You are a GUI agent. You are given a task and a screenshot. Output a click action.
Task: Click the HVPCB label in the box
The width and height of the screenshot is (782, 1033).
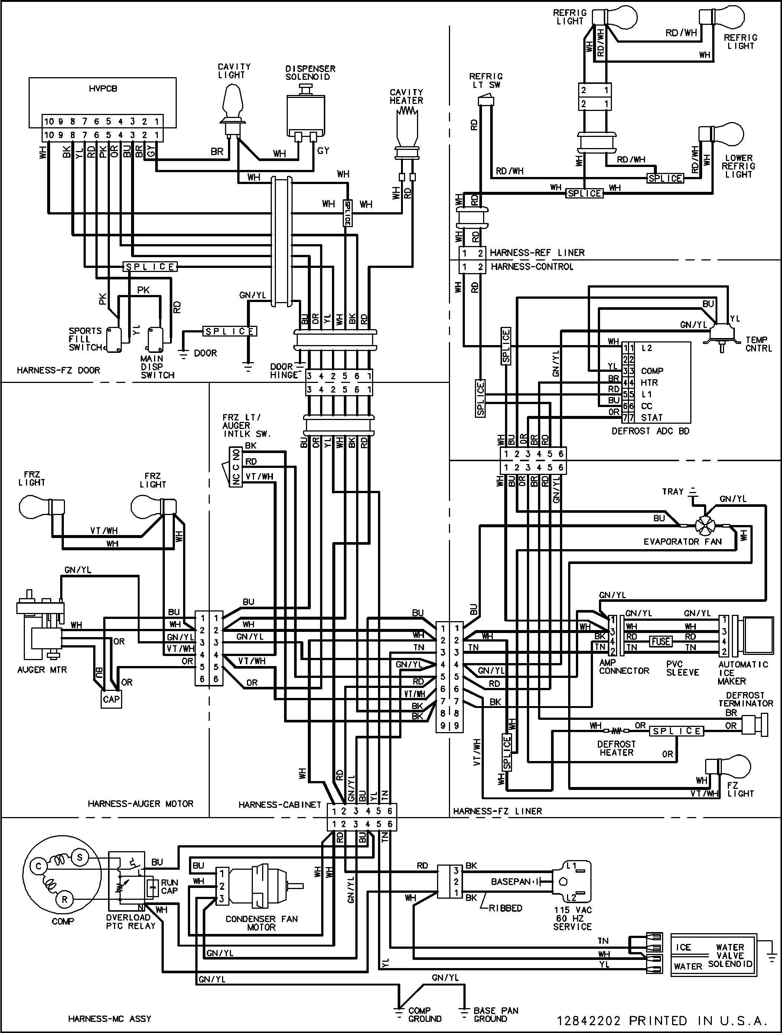point(103,88)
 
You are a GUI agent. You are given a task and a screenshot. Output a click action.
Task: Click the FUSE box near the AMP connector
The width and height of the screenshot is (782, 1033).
point(661,642)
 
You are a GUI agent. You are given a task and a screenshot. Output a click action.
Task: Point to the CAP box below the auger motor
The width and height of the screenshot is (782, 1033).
point(111,699)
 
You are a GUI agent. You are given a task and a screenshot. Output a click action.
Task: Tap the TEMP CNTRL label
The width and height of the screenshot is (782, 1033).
point(758,344)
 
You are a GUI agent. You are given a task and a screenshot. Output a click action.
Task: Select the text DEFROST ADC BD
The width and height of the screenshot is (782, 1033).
point(650,431)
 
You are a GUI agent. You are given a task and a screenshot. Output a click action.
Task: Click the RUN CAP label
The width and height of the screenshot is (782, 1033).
point(169,887)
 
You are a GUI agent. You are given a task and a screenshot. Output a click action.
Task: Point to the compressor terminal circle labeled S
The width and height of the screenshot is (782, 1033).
point(79,857)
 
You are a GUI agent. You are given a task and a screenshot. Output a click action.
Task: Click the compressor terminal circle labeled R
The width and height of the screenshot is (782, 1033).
point(65,900)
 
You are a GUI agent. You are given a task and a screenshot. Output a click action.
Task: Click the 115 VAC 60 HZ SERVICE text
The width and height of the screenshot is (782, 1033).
point(572,918)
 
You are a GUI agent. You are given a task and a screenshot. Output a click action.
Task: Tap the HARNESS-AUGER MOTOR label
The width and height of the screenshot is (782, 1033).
point(140,804)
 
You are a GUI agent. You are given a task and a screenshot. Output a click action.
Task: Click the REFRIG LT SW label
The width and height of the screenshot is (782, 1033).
point(486,80)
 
